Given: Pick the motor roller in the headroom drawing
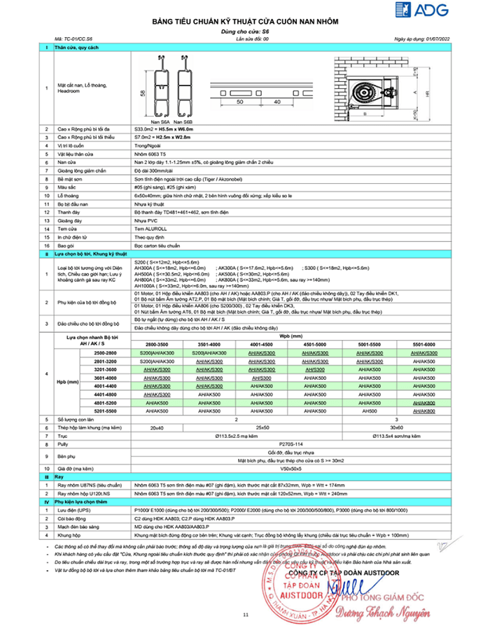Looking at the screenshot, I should [362, 92].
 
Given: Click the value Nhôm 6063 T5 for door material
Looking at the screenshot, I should [148, 152].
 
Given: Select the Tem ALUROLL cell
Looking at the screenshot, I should [147, 229].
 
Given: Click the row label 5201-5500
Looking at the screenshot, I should [95, 412].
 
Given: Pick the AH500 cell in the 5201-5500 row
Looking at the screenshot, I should [365, 412].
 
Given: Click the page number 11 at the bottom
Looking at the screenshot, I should [246, 614].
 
